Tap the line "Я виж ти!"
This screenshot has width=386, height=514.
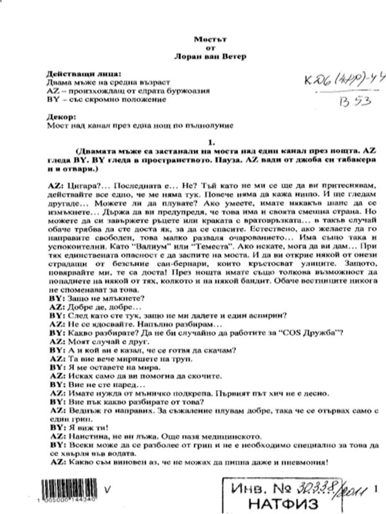[83, 427]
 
